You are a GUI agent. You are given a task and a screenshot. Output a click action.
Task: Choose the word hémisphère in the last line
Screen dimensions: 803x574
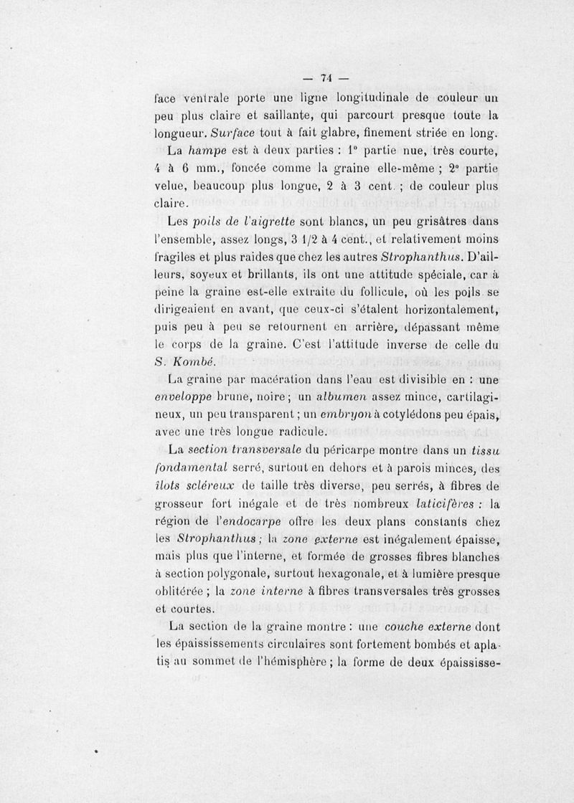click(282, 660)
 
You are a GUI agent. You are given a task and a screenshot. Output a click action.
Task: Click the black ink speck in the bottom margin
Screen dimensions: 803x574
click(95, 754)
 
